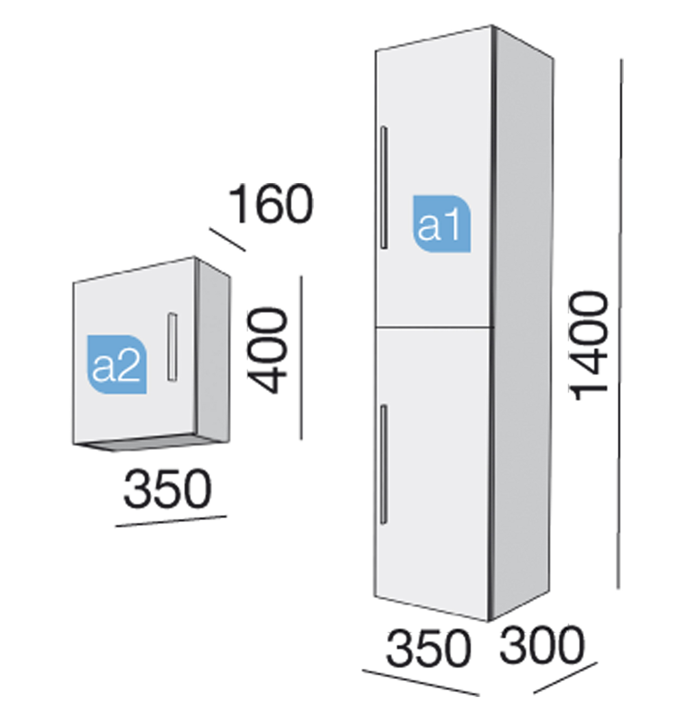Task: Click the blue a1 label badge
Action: [x=442, y=224]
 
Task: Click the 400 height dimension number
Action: [x=267, y=350]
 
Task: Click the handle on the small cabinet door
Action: [x=172, y=347]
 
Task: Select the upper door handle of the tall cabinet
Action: [x=384, y=187]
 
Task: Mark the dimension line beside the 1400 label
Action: [x=619, y=324]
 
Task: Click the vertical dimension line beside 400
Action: [x=301, y=358]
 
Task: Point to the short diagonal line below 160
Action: [x=227, y=239]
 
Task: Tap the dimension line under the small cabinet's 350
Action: [x=171, y=521]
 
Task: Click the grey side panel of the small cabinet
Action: [x=214, y=352]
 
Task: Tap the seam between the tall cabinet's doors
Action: [x=435, y=326]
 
